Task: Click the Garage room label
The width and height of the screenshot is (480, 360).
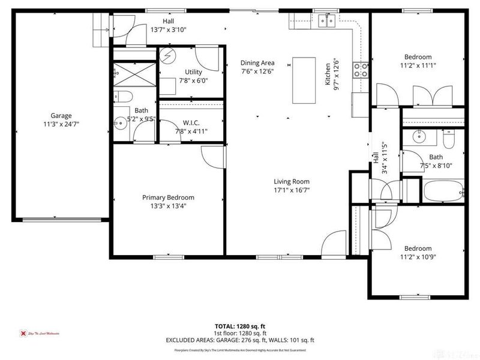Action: point(61,116)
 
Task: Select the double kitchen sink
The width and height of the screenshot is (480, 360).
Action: point(327,22)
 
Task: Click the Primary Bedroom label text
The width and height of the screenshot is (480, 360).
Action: point(168,197)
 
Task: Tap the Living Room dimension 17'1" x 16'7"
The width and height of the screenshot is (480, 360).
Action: point(292,190)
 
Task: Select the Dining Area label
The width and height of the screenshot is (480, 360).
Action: point(257,63)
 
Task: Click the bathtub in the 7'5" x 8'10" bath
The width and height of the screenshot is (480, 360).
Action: point(443,192)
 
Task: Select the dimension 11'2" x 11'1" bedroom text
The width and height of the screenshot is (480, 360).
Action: point(418,66)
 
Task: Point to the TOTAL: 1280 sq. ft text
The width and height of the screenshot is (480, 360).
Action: point(240,326)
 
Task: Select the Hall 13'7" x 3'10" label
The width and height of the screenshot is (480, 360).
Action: point(168,25)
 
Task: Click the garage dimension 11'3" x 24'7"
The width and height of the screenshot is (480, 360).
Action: point(61,124)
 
